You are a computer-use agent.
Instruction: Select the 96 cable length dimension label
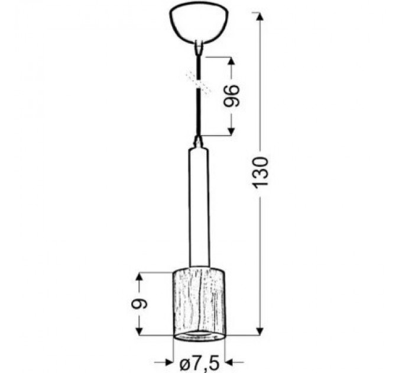[231, 97]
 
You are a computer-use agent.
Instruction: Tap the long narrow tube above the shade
[200, 207]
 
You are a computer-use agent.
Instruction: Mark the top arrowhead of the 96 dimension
[231, 61]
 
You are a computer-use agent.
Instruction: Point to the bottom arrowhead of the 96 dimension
[231, 131]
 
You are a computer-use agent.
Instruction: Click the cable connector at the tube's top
[199, 142]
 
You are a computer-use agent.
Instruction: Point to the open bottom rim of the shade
[200, 337]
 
